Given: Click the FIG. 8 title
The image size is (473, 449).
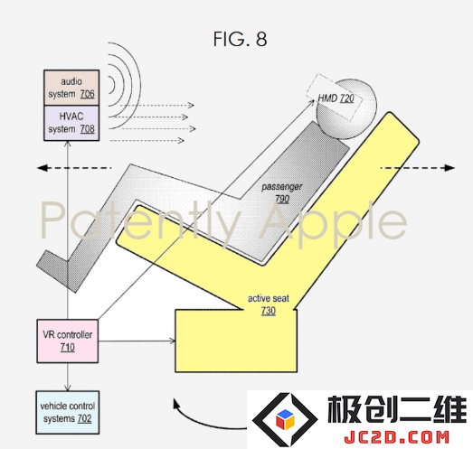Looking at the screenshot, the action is point(241,39).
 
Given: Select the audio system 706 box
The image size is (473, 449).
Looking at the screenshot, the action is point(71,88).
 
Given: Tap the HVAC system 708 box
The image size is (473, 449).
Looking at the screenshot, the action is point(71,123).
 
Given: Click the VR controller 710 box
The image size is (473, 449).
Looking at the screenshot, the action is point(68,341).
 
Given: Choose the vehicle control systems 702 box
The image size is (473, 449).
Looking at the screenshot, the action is point(68,413).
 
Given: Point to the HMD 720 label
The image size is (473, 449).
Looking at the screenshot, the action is point(336,98).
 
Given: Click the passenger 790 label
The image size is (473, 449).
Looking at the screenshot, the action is point(282,192).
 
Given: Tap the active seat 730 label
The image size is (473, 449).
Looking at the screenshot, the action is point(269,304).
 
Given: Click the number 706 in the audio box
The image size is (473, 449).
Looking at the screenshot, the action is point(87,94).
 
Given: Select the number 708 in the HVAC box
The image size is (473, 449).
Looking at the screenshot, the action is point(87,129).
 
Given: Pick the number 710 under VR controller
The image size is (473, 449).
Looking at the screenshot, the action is point(68,347).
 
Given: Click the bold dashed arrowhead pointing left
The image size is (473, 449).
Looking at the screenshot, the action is point(43,168).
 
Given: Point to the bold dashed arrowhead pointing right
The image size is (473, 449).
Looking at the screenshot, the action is point(449,168).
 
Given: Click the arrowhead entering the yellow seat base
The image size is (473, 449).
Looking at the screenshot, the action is point(172,341).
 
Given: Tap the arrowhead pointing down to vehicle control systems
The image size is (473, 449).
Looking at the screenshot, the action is point(68,388).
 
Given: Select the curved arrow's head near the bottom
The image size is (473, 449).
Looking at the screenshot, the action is point(176,404).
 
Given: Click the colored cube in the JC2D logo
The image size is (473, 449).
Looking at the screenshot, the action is point(285,418).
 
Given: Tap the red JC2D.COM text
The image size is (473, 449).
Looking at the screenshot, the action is point(396,437).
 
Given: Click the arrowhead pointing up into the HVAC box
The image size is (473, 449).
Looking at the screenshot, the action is point(68,144).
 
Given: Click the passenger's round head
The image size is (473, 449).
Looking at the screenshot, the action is point(346,109).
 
